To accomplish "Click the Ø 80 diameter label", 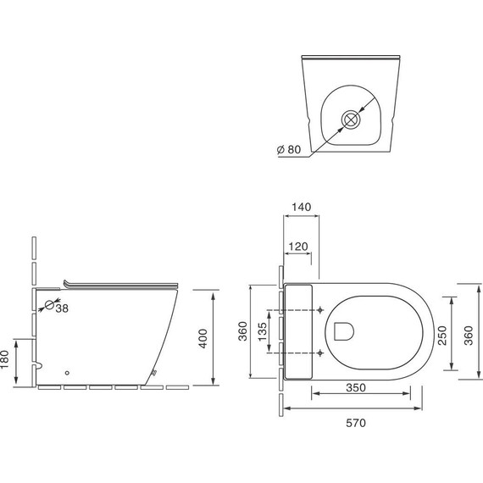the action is coord(289,149).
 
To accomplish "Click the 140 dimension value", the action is coord(302,207).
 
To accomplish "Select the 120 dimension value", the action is coord(298,247).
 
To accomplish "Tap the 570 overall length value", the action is coord(356,423).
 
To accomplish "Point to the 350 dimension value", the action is coord(356,387).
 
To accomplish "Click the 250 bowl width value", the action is coord(442,336).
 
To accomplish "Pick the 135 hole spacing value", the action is coord(263,331).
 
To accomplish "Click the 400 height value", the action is coord(203,339).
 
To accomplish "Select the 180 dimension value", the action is coord(5,359).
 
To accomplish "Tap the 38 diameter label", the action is coord(62,308).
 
